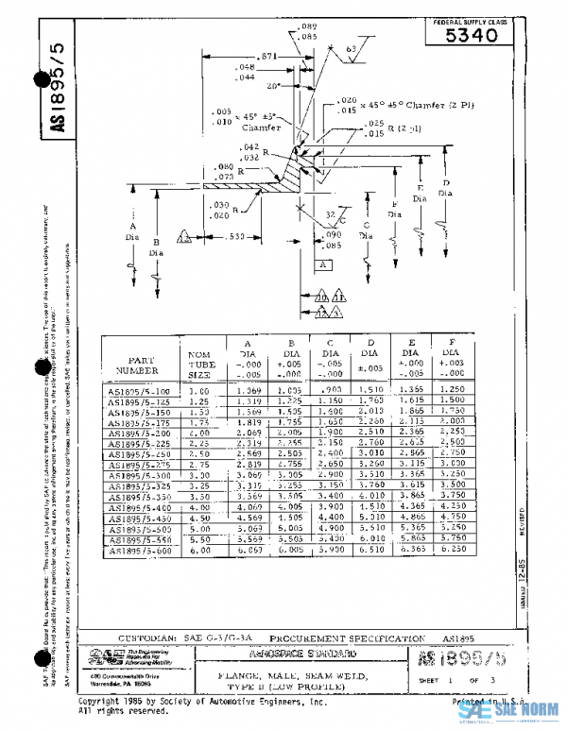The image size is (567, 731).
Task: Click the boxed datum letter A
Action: click(322, 266)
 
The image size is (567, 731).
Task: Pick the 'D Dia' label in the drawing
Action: click(446, 187)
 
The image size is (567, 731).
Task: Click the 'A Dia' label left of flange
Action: click(132, 232)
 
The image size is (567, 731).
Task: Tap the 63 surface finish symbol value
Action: click(352, 48)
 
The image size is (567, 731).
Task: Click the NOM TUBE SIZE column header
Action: click(198, 361)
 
